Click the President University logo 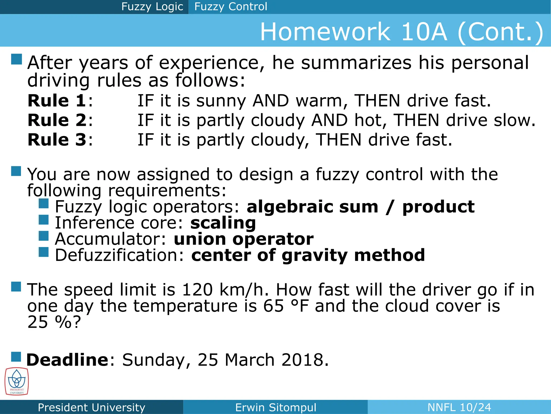17,381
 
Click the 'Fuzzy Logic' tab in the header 152,7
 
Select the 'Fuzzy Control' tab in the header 231,7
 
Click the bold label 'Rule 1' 57,101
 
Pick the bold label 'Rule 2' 57,120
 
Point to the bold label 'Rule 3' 57,140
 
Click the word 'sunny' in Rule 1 221,101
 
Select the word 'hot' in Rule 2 370,120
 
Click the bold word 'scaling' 223,223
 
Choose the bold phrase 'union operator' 243,239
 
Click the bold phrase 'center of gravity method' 308,255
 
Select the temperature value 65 273,306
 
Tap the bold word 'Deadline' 68,360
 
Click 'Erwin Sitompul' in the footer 275,407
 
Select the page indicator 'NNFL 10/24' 459,407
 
